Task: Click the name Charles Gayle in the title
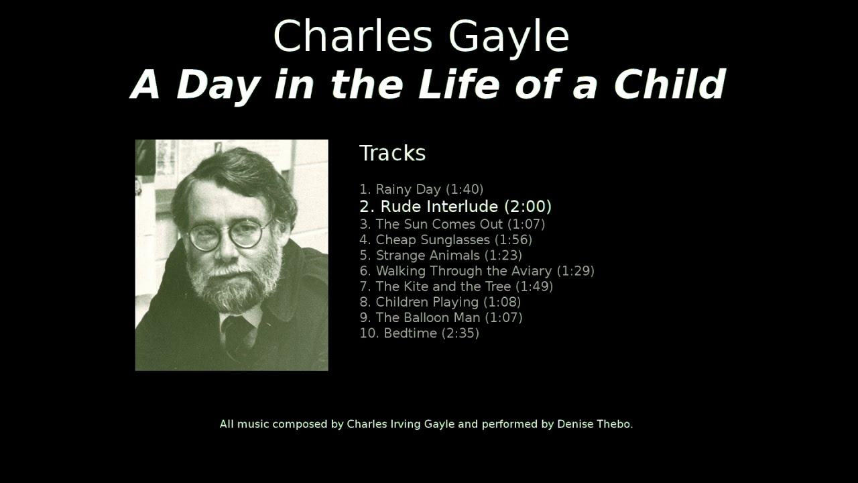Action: click(x=421, y=36)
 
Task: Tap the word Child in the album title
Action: click(x=670, y=85)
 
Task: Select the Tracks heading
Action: click(x=392, y=154)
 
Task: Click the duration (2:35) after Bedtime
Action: click(x=461, y=333)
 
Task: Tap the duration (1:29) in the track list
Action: click(x=575, y=271)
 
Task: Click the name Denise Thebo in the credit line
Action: click(x=595, y=424)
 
